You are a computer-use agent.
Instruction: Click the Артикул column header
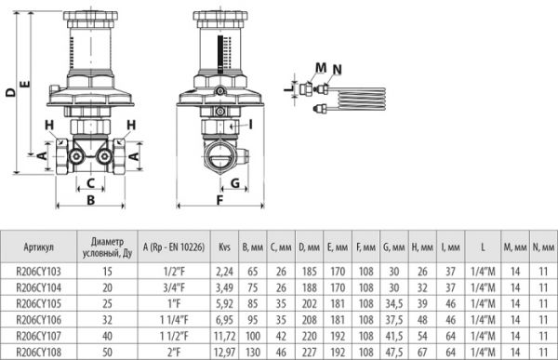[x=38, y=247]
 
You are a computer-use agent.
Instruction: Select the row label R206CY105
[x=38, y=303]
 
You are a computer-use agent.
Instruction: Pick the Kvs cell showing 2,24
[x=224, y=272]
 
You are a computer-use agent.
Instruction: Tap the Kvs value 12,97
[x=224, y=353]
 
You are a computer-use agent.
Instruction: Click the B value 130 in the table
[x=253, y=353]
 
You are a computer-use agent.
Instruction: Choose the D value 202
[x=310, y=303]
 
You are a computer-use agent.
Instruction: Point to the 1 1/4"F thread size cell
[x=174, y=320]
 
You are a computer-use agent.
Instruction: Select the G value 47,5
[x=394, y=353]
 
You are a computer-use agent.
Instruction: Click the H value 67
[x=422, y=353]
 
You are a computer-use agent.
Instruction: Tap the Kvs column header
[x=224, y=247]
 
